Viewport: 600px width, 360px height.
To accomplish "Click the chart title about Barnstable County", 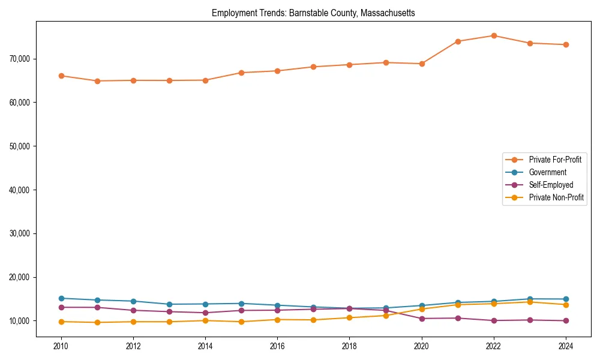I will [x=313, y=13].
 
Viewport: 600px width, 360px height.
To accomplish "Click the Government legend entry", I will [x=547, y=172].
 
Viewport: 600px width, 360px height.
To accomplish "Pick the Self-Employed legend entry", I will [x=551, y=185].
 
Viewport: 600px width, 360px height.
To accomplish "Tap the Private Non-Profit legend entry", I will [x=556, y=197].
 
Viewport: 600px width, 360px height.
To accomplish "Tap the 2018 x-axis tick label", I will [x=349, y=346].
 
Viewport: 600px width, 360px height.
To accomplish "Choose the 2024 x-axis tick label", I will [x=566, y=346].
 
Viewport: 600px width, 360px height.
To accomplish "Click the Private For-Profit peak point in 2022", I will [x=494, y=35].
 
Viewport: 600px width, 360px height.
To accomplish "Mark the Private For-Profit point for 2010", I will [x=61, y=76].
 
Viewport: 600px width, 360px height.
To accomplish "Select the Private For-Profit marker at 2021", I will [x=458, y=41].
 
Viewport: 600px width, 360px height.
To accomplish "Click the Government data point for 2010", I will [x=61, y=298].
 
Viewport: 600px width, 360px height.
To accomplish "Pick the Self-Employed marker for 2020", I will [x=422, y=319].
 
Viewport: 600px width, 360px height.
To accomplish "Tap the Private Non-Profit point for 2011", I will [x=97, y=322].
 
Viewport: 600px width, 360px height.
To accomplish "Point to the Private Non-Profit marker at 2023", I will [x=530, y=302].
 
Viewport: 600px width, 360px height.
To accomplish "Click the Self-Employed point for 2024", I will [x=566, y=320].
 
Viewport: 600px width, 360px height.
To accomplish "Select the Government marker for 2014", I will [x=205, y=304].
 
